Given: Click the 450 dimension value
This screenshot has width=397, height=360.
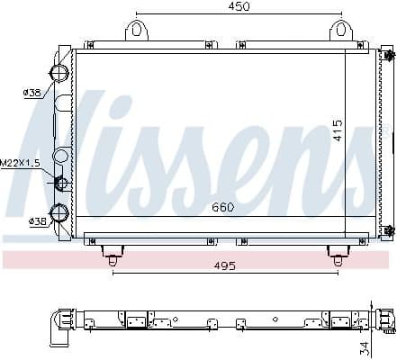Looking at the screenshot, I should click(238, 6).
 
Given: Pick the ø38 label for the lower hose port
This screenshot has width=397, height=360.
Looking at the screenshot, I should click(38, 220).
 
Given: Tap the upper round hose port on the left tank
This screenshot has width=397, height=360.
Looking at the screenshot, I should click(59, 74).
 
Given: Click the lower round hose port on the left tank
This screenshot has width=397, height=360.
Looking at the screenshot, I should click(59, 213).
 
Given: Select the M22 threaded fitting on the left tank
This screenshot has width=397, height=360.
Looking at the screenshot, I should click(62, 184).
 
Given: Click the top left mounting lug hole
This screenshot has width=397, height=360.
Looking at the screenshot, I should click(137, 29).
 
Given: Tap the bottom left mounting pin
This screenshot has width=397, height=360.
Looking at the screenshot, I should click(113, 258).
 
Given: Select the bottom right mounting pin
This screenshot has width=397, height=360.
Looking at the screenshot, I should click(338, 258).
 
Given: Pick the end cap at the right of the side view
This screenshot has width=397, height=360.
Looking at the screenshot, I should click(388, 319).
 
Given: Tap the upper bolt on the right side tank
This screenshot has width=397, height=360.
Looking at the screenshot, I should click(389, 56).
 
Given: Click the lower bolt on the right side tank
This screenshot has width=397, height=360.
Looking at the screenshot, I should click(389, 230).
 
